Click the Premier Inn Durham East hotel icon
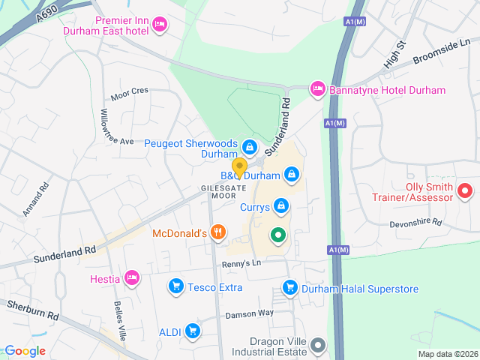159,26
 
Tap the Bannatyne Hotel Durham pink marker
317,89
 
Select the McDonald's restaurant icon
218,232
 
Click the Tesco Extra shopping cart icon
175,286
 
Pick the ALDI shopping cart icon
193,330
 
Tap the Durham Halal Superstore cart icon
290,287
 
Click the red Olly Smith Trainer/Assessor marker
464,191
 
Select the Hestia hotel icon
132,278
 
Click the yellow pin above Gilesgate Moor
239,166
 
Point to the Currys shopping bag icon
280,205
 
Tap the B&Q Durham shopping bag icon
292,175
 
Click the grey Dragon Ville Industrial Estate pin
318,345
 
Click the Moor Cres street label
130,94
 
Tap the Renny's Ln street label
240,263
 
